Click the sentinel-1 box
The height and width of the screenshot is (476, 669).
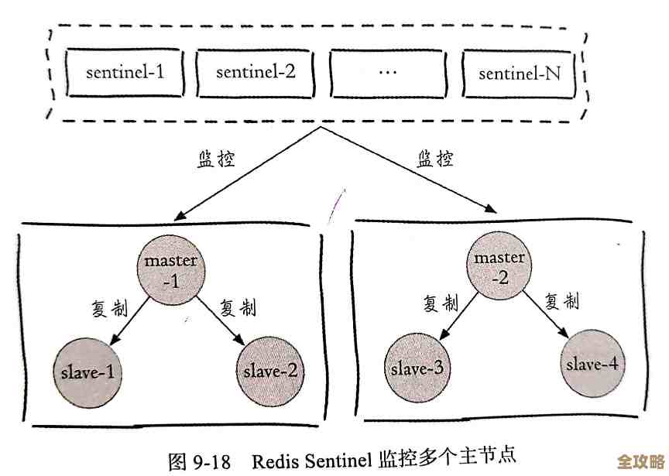click(125, 73)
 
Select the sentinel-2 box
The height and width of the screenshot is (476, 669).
click(256, 73)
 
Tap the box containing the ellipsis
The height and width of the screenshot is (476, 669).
click(388, 73)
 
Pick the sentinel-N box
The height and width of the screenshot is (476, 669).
click(519, 74)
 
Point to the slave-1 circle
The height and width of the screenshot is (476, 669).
click(87, 372)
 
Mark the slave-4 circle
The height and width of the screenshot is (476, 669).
click(593, 363)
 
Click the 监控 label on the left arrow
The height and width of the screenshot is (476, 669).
click(214, 160)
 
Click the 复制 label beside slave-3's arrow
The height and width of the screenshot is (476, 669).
click(441, 303)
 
